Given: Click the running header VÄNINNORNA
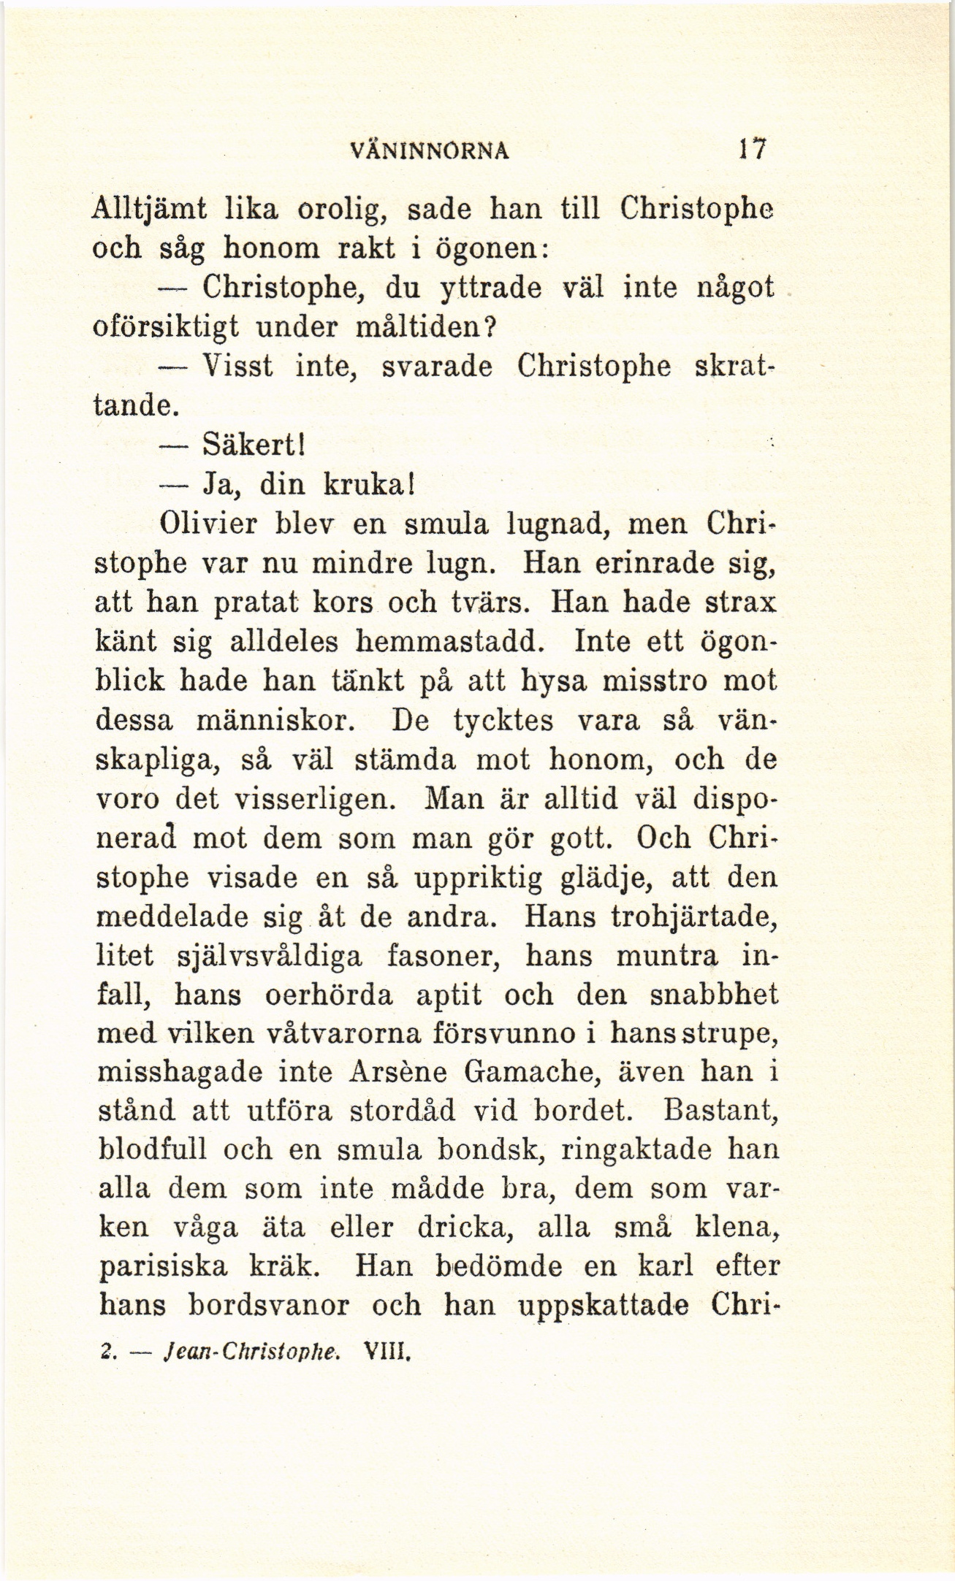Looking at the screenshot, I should tap(430, 150).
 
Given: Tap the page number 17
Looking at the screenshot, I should tap(750, 149).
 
